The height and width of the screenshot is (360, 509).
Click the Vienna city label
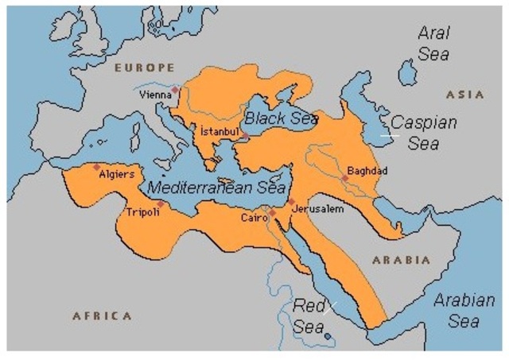point(154,94)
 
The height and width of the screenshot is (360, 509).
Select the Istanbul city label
point(219,130)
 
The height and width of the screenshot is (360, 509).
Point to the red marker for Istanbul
point(246,137)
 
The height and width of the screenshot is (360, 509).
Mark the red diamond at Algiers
point(96,167)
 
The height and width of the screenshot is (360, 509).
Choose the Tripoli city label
point(142,212)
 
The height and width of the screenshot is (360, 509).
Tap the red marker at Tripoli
point(161,203)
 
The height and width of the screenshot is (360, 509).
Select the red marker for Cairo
point(271,212)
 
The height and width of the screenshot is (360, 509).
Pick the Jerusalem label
point(318,208)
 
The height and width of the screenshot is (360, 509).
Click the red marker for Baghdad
point(344,178)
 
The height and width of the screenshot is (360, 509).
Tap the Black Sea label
point(281,118)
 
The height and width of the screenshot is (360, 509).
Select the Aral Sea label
point(434,45)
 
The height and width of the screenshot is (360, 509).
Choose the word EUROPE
point(144,68)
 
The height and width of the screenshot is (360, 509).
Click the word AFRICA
point(102,315)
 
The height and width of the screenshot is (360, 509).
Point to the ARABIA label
point(401,260)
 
